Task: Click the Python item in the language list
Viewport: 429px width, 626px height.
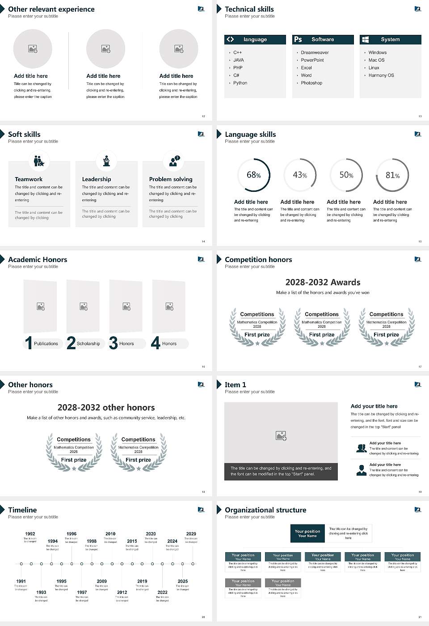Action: coord(240,83)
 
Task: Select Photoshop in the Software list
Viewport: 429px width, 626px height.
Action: coord(311,83)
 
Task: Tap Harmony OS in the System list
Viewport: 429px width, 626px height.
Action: coord(381,76)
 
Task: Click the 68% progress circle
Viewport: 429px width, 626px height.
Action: coord(254,175)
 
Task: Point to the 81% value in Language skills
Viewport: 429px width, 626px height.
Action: coord(392,175)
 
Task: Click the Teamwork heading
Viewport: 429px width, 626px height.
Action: coord(29,179)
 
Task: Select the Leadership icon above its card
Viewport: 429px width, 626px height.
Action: coord(106,161)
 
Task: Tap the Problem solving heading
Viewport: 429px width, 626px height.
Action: coord(171,179)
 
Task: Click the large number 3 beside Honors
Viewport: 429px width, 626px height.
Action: coord(114,343)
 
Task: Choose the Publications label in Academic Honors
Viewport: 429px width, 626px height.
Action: coord(46,344)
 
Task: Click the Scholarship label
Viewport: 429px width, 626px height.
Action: coord(88,344)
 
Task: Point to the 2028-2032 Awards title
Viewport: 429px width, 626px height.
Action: coord(323,283)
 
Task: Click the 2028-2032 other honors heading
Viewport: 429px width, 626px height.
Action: coord(106,408)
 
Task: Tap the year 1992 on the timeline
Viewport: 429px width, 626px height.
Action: coord(30,534)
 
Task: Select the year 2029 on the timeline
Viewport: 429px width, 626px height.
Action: coord(191,534)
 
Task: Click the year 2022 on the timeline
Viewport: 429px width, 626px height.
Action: coord(163,592)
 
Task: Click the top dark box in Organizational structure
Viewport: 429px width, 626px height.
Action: coord(307,533)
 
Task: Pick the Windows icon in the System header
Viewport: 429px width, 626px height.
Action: coord(365,39)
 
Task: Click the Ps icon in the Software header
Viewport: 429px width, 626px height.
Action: coord(298,39)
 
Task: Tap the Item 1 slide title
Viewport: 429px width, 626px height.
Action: coord(236,385)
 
